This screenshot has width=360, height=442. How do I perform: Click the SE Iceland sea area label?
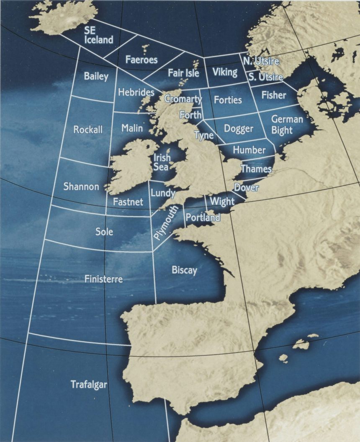coord(98,36)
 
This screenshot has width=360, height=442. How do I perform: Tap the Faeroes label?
coord(141,60)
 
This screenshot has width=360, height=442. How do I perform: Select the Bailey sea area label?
coord(96,76)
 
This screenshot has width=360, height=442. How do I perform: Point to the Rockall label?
coord(87,130)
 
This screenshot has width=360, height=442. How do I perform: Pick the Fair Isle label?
coord(183,73)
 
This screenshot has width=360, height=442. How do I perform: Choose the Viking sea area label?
coord(225,72)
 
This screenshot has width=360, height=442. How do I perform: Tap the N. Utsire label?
coord(261,61)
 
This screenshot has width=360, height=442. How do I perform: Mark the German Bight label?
coord(287,125)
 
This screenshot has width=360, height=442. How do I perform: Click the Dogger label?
coord(238,128)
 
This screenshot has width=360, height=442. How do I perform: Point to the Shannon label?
coord(81,187)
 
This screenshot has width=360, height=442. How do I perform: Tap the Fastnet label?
coord(128,202)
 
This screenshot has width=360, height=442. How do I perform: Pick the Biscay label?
coord(184,270)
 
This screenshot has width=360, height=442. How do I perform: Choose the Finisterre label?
coord(103,278)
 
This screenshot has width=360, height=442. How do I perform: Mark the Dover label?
coord(246,188)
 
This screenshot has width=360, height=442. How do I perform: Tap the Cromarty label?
coord(183,99)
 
